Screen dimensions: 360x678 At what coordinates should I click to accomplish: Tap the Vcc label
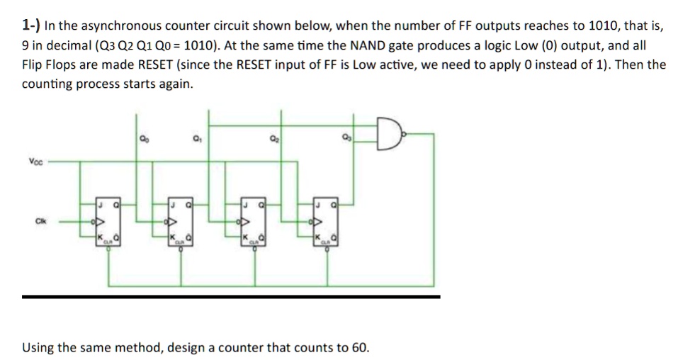[x=37, y=162]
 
